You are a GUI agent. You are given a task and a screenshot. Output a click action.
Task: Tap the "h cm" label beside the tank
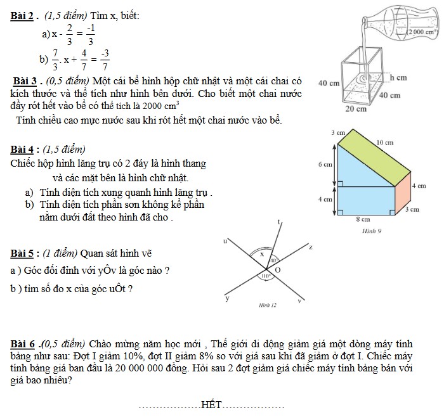tap(398, 77)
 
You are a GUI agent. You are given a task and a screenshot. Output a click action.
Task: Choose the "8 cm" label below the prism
tap(362, 219)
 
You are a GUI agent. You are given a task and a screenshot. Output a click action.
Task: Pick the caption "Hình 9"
tap(371, 231)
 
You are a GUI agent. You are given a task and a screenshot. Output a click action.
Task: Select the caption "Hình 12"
tap(268, 305)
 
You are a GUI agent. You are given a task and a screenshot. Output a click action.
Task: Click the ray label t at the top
tap(279, 221)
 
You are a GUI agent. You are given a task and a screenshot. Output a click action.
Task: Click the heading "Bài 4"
tap(23, 150)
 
